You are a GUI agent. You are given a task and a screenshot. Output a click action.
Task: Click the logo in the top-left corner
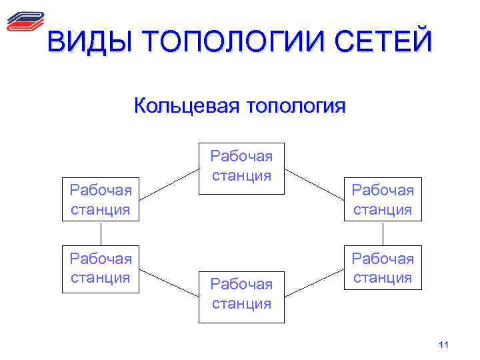(25, 21)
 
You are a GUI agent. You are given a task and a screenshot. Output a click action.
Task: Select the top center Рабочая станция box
(241, 168)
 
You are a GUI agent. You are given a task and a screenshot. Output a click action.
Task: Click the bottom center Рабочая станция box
(241, 296)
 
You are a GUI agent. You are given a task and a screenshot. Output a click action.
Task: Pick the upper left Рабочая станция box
(101, 199)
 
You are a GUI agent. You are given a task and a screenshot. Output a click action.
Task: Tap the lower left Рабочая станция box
(101, 268)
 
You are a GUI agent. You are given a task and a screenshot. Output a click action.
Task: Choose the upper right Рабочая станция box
(383, 199)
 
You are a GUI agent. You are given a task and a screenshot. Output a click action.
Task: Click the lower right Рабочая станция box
(383, 268)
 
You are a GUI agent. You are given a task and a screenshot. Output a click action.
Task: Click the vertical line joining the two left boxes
(101, 233)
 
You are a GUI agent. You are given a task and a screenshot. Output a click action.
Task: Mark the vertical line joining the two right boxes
(383, 233)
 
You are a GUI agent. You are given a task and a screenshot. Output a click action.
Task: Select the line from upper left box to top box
(169, 187)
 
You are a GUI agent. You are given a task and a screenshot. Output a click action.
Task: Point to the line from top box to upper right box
(313, 187)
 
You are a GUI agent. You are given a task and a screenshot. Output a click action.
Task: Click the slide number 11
(445, 345)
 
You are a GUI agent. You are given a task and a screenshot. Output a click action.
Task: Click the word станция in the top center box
(241, 177)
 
